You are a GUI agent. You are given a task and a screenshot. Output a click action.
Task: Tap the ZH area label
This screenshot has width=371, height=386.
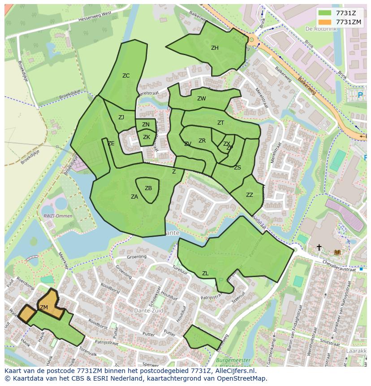(x=215, y=48)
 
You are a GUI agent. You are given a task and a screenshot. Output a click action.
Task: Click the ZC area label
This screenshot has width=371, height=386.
(x=126, y=76)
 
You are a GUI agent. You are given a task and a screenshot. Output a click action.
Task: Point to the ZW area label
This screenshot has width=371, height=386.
(x=202, y=99)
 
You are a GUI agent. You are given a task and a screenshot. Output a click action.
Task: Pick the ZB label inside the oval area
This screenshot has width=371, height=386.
(x=148, y=188)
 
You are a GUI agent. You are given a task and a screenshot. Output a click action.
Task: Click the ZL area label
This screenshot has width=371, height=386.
(x=205, y=273)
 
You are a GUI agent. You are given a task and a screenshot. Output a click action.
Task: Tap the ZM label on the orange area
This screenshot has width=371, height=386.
(x=44, y=308)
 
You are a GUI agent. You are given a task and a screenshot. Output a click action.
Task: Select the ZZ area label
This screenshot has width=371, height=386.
(x=250, y=195)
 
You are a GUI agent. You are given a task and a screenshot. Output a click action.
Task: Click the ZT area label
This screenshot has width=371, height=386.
(x=220, y=123)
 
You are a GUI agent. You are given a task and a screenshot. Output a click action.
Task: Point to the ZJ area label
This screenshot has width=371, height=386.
(x=121, y=117)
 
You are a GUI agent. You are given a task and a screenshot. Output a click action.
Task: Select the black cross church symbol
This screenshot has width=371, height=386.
(x=319, y=247)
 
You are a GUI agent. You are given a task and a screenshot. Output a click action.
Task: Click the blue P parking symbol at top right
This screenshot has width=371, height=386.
(x=360, y=95)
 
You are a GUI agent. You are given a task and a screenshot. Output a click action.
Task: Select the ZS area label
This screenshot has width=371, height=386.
(x=237, y=168)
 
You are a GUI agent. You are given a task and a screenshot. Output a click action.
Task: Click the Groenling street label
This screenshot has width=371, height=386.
(x=137, y=257)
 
